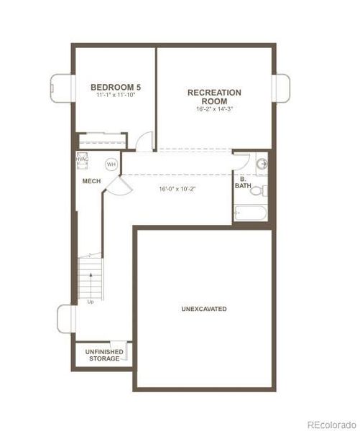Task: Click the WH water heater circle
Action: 111,164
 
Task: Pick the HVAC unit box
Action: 83,161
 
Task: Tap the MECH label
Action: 91,181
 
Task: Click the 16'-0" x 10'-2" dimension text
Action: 177,190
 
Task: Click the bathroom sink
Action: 262,164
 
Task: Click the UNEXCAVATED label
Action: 204,309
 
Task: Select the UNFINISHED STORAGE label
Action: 104,355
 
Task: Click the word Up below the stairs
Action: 91,302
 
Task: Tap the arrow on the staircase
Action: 89,256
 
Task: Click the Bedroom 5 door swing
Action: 144,140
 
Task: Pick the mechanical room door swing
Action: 117,188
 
